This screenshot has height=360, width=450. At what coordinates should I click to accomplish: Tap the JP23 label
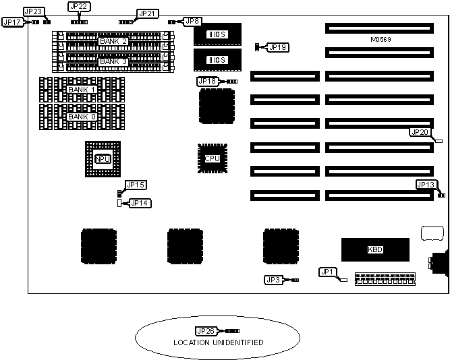point(34,11)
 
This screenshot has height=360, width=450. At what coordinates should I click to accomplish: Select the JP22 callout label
point(79,6)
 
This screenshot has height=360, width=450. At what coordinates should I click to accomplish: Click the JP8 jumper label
point(192,22)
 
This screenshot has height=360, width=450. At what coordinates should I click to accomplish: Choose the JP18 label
point(207,81)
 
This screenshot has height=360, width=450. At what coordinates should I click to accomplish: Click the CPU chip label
point(212,158)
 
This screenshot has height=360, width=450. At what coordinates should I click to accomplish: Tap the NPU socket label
point(103,159)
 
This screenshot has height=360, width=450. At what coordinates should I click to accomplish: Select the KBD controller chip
point(376,249)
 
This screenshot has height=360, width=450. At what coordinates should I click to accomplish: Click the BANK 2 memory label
point(113,42)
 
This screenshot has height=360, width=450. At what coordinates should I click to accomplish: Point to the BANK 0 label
point(82,117)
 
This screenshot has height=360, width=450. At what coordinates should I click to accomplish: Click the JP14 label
point(139,202)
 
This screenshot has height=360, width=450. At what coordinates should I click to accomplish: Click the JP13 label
point(426,184)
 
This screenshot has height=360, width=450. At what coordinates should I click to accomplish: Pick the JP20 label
point(419,131)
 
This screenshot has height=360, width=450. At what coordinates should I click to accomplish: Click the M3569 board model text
point(381,40)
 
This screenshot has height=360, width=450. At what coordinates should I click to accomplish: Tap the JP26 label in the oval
point(204,331)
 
